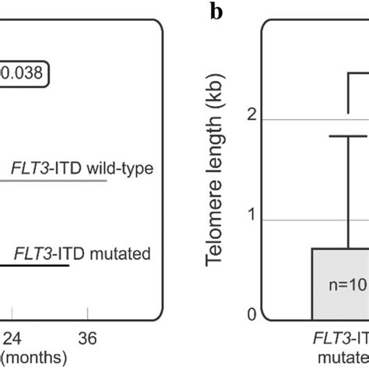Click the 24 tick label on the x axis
point(15,338)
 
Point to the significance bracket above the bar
point(358,74)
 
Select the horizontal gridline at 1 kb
point(288,220)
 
